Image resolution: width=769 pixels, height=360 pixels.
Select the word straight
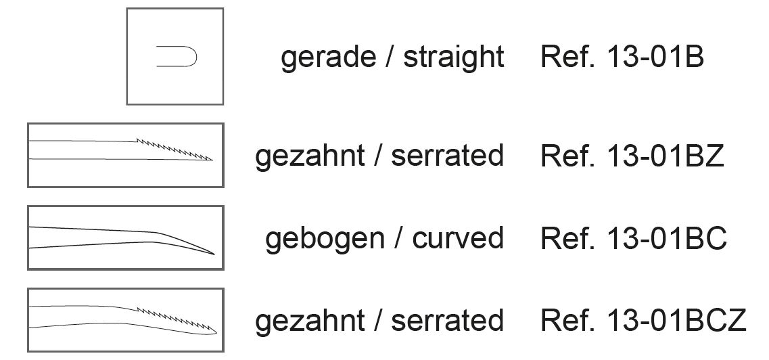[x=454, y=58]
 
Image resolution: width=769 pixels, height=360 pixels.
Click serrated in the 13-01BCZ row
[x=447, y=320]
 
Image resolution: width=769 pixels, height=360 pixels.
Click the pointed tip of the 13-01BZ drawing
[x=212, y=160]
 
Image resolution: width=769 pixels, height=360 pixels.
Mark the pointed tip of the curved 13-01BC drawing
[x=214, y=254]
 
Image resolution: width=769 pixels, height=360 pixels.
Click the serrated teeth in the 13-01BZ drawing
[x=172, y=149]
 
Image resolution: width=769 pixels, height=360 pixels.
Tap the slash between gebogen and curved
[x=396, y=239]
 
